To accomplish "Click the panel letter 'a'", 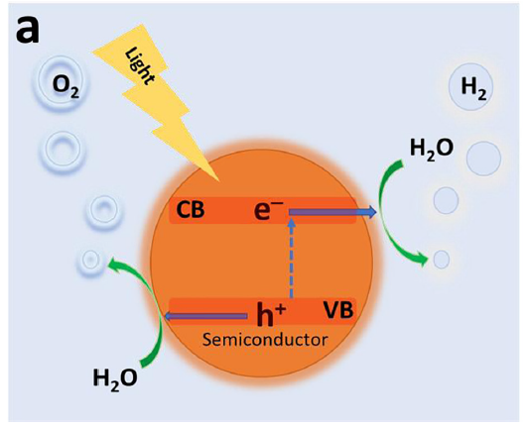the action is pyautogui.click(x=27, y=31).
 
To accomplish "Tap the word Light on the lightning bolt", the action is pyautogui.click(x=140, y=68).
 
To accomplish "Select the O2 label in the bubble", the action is pyautogui.click(x=66, y=86).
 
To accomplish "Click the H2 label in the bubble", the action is pyautogui.click(x=473, y=88).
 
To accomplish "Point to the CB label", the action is pyautogui.click(x=191, y=210).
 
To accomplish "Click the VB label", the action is pyautogui.click(x=338, y=310).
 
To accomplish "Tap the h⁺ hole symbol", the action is pyautogui.click(x=271, y=315).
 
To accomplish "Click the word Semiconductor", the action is pyautogui.click(x=265, y=340).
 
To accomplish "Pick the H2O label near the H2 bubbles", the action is pyautogui.click(x=432, y=149).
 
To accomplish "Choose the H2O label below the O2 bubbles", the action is pyautogui.click(x=115, y=378).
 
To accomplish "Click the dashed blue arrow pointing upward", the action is pyautogui.click(x=292, y=258).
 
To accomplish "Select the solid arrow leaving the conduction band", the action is pyautogui.click(x=332, y=212).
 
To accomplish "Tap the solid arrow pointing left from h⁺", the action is pyautogui.click(x=205, y=316).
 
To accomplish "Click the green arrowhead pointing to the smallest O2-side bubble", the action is pyautogui.click(x=114, y=263).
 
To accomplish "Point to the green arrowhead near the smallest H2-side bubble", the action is pyautogui.click(x=422, y=259).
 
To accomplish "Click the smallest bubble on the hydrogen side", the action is pyautogui.click(x=442, y=260).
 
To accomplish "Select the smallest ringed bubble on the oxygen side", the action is pyautogui.click(x=90, y=261).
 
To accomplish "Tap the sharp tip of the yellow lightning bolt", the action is pyautogui.click(x=219, y=181).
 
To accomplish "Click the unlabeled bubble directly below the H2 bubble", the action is pyautogui.click(x=483, y=159).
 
